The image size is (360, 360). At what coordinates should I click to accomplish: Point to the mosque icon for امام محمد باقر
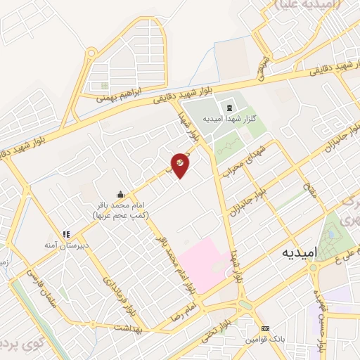[121, 195]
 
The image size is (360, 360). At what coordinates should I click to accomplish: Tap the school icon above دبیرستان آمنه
[67, 234]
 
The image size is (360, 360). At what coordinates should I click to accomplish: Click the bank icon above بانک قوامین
[264, 328]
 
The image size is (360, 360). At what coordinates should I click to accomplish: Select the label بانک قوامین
[264, 339]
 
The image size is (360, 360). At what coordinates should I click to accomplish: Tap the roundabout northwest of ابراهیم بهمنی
[91, 51]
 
